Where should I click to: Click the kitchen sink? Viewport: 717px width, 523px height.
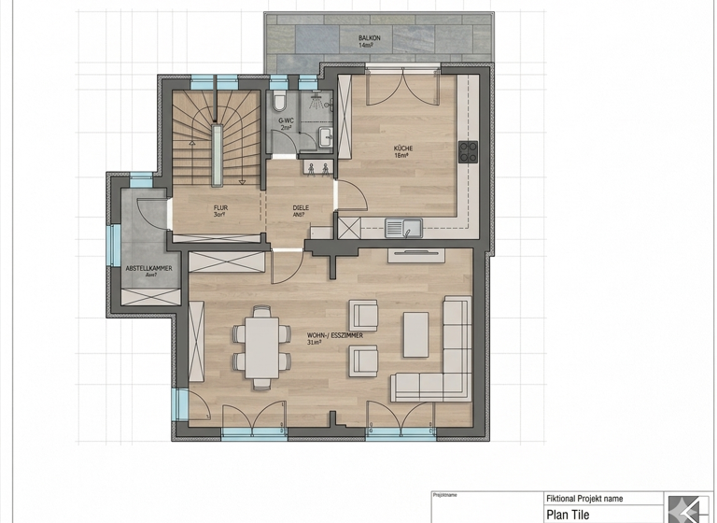[403, 226]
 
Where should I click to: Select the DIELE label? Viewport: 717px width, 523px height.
[301, 209]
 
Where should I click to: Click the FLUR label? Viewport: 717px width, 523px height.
[220, 209]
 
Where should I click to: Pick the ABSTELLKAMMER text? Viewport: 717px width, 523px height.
[148, 269]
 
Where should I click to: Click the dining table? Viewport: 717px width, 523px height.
[256, 346]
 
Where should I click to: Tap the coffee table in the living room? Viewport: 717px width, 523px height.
[415, 333]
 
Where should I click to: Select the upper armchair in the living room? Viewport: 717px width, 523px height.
[362, 314]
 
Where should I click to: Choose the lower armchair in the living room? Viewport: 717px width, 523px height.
[362, 360]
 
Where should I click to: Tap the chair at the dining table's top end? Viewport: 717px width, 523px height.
[256, 309]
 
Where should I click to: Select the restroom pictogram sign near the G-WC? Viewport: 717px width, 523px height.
[316, 169]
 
